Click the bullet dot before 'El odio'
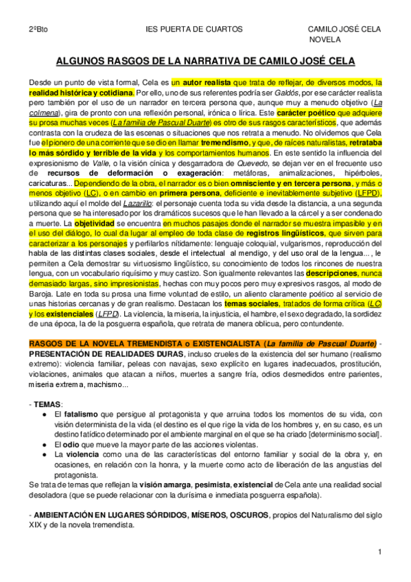point(45,445)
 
